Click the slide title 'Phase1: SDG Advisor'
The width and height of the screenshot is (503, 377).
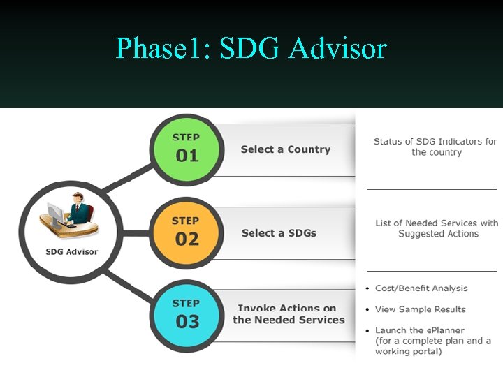pos(251,48)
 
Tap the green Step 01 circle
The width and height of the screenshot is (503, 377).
pos(187,147)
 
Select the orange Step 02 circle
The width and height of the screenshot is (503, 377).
pos(187,231)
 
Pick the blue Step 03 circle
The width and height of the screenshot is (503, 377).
pos(187,314)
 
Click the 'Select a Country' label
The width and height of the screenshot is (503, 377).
pos(285,149)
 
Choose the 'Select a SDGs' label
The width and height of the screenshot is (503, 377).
pos(279,233)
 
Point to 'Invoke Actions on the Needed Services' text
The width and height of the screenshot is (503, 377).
pos(289,314)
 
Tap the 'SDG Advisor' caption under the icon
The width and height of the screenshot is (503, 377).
pos(71,251)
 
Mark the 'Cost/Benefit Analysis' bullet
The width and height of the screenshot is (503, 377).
pos(421,288)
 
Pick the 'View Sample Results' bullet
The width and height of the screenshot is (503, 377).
pos(420,309)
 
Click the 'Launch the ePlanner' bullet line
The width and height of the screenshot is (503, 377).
pos(419,330)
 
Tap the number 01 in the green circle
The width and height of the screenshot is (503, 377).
pos(187,156)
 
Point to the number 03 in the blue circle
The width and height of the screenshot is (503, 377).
pos(187,322)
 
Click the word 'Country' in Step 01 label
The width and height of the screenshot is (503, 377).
pos(309,149)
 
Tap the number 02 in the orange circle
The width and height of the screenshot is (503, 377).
pos(187,239)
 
